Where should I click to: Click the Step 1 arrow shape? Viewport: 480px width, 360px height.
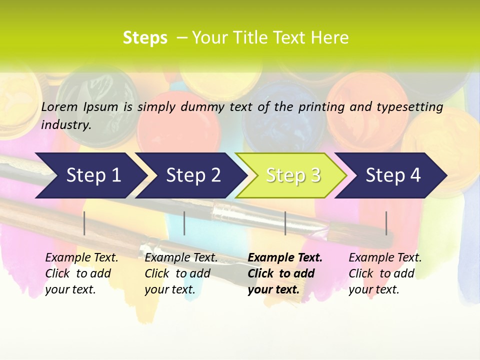tap(93, 175)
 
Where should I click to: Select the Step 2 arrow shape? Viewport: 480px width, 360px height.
tap(193, 175)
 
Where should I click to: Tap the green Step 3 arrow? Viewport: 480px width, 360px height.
tap(293, 175)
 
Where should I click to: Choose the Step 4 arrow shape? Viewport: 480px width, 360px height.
tap(393, 175)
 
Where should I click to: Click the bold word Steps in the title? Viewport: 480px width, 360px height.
tap(145, 38)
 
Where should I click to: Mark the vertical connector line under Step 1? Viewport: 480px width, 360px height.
tap(84, 223)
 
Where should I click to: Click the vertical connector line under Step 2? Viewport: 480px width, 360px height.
tap(184, 223)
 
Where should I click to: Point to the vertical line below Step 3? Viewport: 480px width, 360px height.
tap(285, 223)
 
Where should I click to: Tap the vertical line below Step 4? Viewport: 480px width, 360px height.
tap(386, 223)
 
